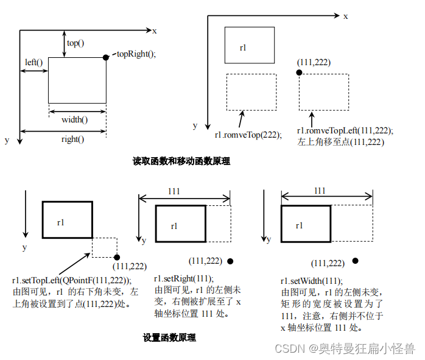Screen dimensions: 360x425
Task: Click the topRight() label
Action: point(136,54)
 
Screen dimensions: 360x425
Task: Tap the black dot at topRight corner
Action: point(106,57)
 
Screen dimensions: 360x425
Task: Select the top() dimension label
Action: point(76,43)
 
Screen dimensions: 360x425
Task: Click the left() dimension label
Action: point(33,62)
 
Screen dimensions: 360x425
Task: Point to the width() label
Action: point(74,119)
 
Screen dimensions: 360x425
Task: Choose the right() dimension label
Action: point(72,139)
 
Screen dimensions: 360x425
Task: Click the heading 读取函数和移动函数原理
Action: point(181,161)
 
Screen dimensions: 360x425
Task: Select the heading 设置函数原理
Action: point(169,337)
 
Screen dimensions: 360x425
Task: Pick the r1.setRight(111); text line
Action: point(181,279)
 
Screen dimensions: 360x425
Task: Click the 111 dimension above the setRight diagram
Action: point(174,191)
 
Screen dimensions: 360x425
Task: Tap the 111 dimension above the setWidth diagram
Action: point(319,191)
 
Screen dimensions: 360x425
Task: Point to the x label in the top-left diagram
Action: point(155,30)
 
